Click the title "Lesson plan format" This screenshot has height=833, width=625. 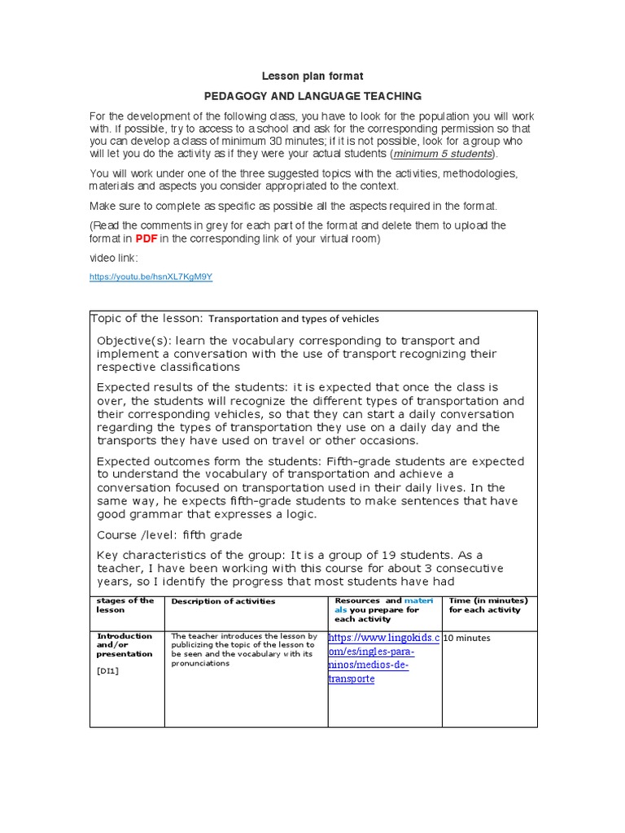[312, 76]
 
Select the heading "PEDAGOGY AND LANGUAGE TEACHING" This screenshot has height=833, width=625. [312, 96]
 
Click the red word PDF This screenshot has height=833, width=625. [146, 238]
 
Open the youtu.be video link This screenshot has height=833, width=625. [151, 277]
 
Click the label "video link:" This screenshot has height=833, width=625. [114, 258]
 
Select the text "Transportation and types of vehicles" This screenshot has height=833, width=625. [294, 319]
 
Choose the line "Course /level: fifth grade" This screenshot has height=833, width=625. [169, 535]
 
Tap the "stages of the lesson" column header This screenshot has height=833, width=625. [125, 605]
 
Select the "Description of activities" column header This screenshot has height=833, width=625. [223, 601]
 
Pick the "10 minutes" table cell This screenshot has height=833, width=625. [467, 639]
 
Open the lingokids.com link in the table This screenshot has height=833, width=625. [383, 658]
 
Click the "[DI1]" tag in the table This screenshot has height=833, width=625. [107, 670]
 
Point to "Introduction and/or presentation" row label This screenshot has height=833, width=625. [125, 644]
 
